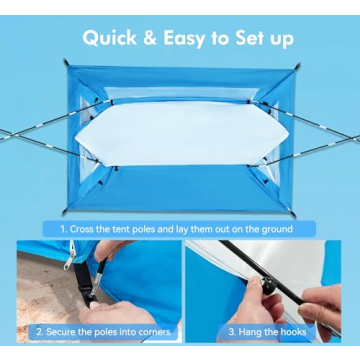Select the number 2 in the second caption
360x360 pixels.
point(36,331)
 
